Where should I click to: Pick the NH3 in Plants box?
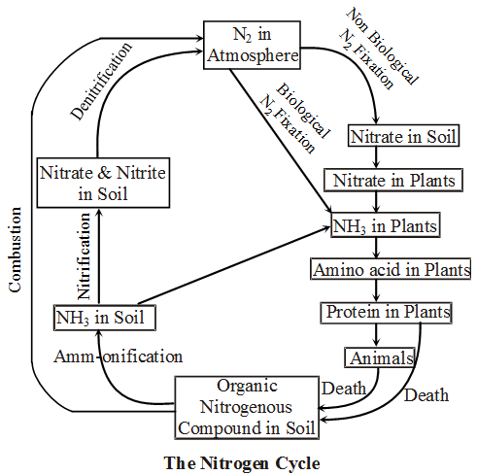383,226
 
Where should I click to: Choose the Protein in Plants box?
387,313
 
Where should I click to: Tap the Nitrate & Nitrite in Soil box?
103,182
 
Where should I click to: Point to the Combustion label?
15,243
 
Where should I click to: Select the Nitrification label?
85,258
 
